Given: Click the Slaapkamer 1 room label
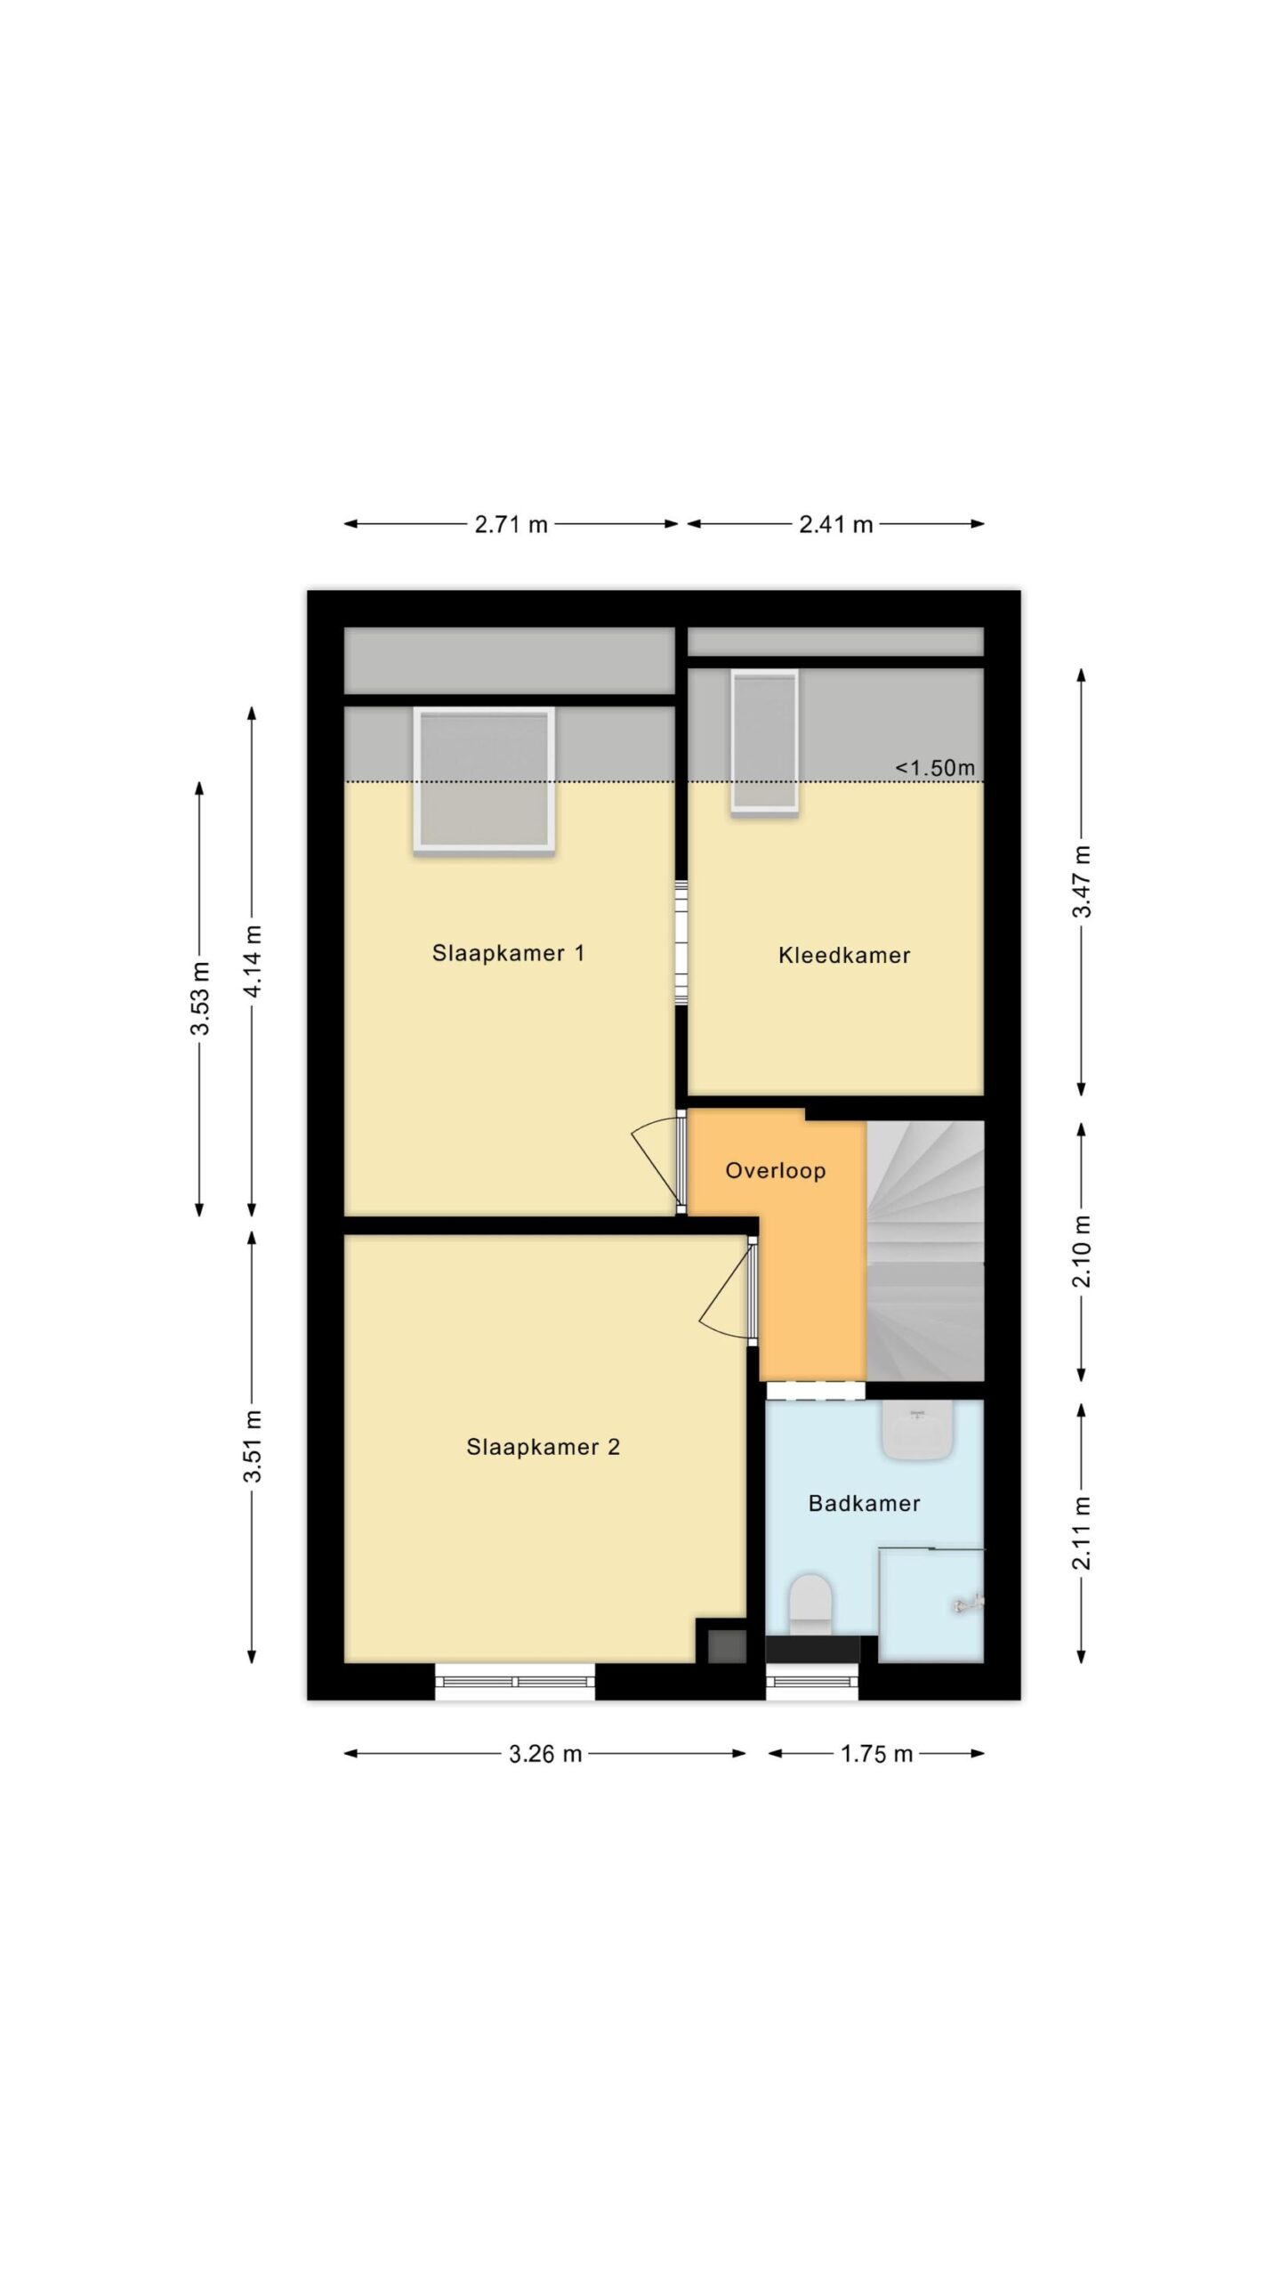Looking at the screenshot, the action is (x=508, y=953).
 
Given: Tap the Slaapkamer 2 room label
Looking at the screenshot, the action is (x=543, y=1447).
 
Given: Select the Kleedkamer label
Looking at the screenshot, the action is (x=844, y=956).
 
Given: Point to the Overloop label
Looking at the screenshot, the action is (x=776, y=1171).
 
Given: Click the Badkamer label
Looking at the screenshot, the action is (x=864, y=1504).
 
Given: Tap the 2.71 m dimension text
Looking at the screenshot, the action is (x=511, y=524).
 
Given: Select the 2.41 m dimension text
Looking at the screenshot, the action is (x=836, y=524).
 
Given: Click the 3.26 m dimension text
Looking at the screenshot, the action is (x=545, y=1754).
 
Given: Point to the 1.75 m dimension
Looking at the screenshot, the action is (x=877, y=1754).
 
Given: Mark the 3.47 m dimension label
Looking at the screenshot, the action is (x=1082, y=882).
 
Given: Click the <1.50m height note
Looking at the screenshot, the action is (x=935, y=767).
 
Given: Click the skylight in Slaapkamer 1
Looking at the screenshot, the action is (x=484, y=780).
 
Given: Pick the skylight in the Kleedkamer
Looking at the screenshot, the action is (x=764, y=740).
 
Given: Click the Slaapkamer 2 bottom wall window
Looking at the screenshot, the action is (x=515, y=1681).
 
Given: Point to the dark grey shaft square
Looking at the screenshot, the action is (x=727, y=1645).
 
